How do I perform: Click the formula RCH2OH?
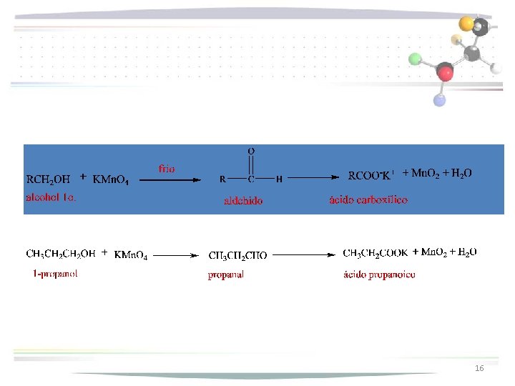tap(48, 179)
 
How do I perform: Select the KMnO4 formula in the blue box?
tap(111, 180)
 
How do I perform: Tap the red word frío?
tap(166, 169)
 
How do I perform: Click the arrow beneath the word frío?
tap(170, 180)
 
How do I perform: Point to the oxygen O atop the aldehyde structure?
tap(251, 152)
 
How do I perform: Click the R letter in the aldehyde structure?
tap(223, 179)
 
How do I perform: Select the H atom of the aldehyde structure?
tap(279, 179)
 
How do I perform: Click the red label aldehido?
tap(243, 201)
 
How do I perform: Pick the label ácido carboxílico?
tap(368, 200)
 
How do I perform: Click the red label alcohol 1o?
tap(51, 197)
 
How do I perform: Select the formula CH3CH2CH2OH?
tap(61, 254)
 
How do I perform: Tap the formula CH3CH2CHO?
tap(237, 255)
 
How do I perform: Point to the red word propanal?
tap(226, 274)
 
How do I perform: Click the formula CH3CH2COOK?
tap(376, 252)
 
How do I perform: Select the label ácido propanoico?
tap(379, 274)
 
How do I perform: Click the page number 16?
tap(479, 367)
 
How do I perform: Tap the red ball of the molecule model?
tap(446, 72)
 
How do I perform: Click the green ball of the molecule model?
tap(415, 58)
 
